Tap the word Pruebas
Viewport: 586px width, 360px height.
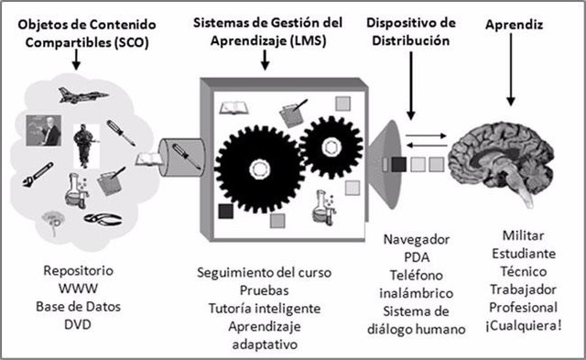click(264, 290)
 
